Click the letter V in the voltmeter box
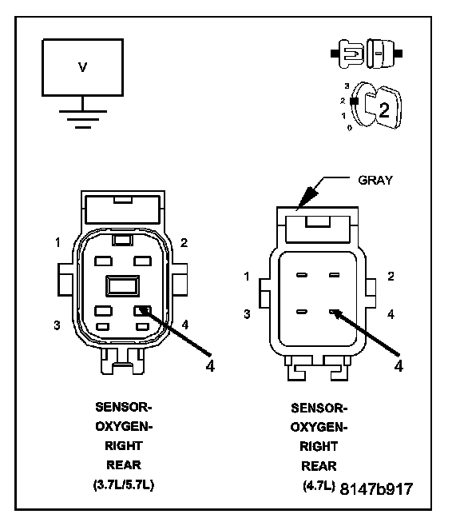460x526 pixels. tap(82, 67)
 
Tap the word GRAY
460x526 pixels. tap(375, 180)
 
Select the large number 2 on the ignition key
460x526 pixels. tap(384, 110)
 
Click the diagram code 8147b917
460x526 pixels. tap(376, 488)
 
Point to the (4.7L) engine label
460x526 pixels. tap(319, 485)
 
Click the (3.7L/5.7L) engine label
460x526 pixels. tap(124, 484)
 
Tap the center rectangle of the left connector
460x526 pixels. tap(123, 286)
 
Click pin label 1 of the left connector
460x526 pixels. tap(58, 242)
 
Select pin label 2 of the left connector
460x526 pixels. tap(184, 242)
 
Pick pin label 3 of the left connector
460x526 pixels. tap(57, 325)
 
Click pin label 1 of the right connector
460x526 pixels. tap(247, 277)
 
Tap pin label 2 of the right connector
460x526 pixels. tap(391, 277)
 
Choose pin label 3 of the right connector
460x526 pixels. tap(247, 314)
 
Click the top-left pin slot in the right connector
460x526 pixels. tap(302, 275)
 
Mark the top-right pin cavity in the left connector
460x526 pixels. tap(142, 261)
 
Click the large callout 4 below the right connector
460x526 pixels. tap(399, 366)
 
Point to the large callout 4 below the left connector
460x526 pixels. tap(210, 365)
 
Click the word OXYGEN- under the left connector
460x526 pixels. tap(124, 426)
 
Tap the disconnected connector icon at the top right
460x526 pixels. tap(367, 54)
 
